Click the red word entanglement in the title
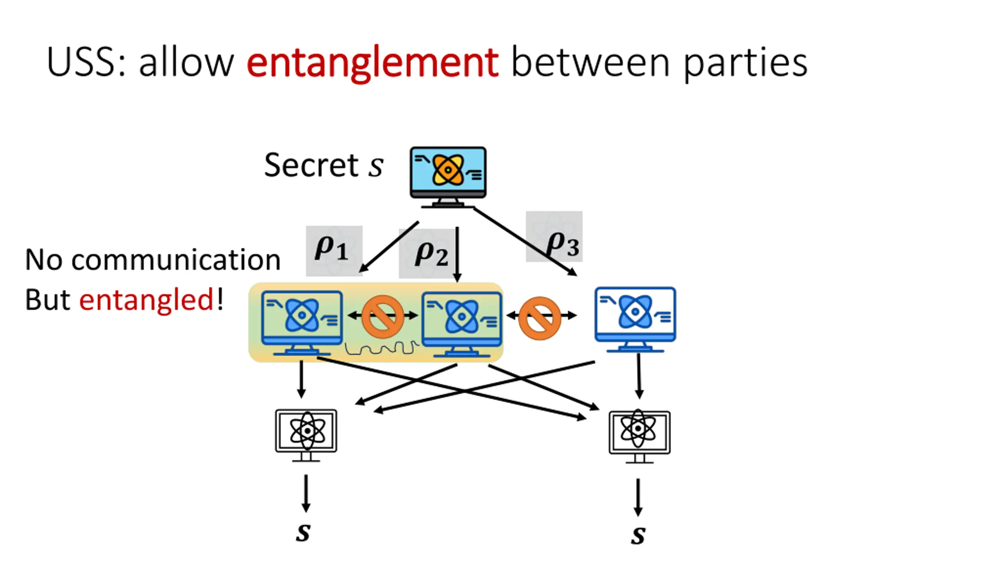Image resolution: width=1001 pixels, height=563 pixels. [372, 63]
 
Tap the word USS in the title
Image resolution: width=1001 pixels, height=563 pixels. [85, 63]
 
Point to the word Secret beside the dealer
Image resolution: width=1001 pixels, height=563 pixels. [311, 165]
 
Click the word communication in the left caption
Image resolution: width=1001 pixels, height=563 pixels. [176, 260]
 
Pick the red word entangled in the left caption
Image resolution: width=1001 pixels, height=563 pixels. [146, 300]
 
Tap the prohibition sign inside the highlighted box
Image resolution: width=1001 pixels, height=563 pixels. [382, 316]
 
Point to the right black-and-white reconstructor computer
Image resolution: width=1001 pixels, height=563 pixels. [639, 436]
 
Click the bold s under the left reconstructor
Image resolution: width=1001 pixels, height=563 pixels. [303, 532]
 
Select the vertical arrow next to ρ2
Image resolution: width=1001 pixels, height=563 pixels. [457, 254]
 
